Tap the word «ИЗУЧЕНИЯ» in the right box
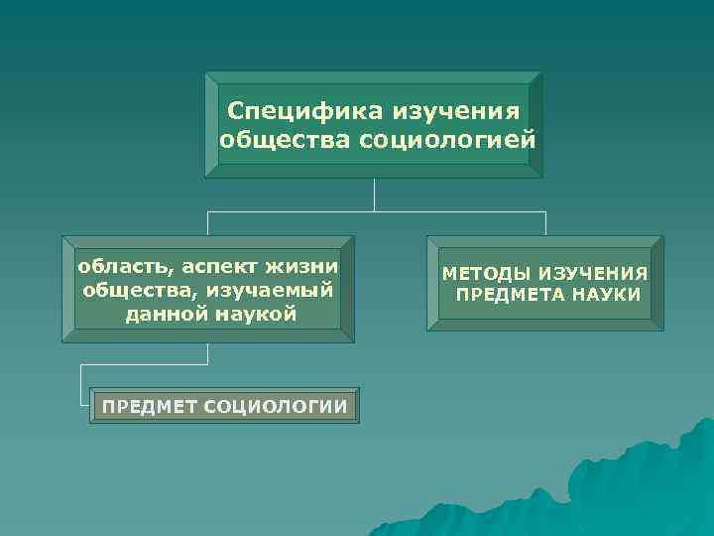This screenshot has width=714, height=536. [593, 273]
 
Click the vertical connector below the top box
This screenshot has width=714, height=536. [374, 195]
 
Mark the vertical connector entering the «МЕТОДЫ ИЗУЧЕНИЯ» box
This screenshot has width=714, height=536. [545, 223]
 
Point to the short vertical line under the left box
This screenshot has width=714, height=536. [207, 354]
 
